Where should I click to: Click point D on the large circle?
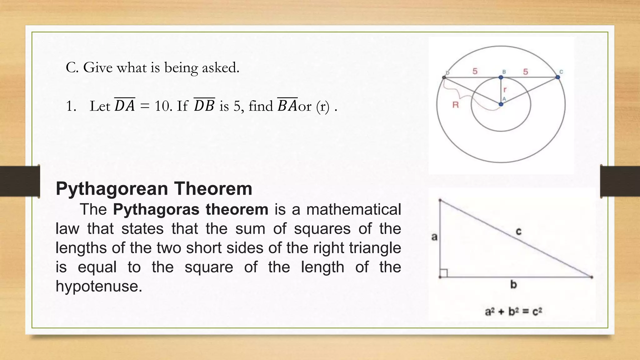[x=444, y=77]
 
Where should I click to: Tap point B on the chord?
[x=501, y=77]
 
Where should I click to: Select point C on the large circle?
[x=558, y=77]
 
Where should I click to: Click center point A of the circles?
[x=501, y=104]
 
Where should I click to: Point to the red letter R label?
[x=456, y=105]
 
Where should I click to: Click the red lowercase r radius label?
[x=505, y=90]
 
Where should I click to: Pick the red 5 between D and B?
[x=475, y=72]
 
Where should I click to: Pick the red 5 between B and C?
[x=526, y=72]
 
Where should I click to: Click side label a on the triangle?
[x=434, y=237]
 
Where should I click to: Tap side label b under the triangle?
[x=513, y=285]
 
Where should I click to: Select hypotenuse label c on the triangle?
[x=518, y=232]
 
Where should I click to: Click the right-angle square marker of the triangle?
[x=444, y=273]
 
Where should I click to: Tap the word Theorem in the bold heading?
[x=213, y=189]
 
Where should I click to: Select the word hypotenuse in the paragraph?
[x=99, y=286]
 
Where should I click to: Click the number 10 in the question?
[x=162, y=106]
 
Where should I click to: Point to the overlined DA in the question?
[x=125, y=106]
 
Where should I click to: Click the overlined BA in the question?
[x=287, y=106]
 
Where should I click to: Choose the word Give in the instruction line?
[x=98, y=67]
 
